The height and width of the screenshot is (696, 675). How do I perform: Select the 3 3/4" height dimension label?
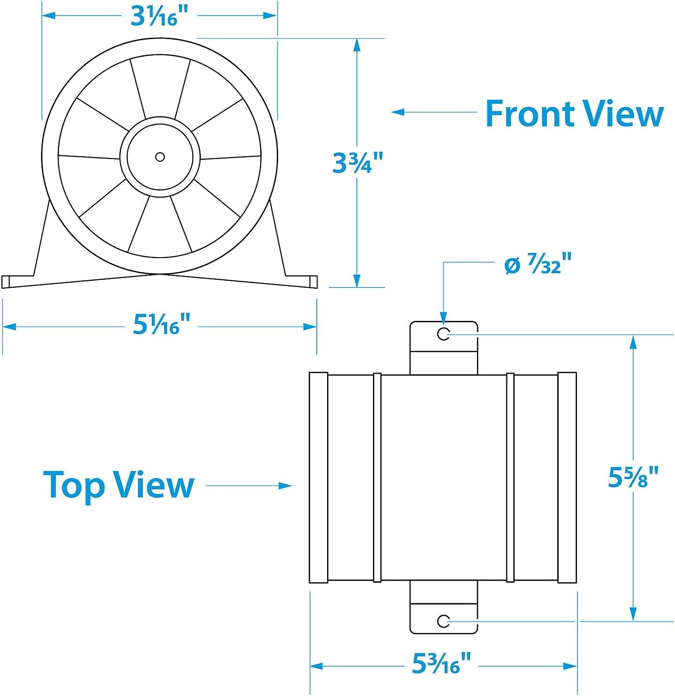click(x=357, y=163)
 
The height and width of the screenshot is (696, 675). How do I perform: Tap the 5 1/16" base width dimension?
click(x=160, y=325)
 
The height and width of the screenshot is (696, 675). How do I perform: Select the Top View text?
click(x=119, y=486)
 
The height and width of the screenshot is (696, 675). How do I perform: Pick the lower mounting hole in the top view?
click(x=443, y=621)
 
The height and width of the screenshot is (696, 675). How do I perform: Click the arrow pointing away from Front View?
click(x=434, y=112)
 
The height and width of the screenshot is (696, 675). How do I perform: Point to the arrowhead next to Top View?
click(x=285, y=486)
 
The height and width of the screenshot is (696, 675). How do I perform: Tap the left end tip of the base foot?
click(x=2, y=282)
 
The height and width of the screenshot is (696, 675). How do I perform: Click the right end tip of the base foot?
click(x=317, y=282)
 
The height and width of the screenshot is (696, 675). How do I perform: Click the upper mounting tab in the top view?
click(x=443, y=348)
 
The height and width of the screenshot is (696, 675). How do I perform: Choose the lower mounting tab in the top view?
click(x=443, y=607)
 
